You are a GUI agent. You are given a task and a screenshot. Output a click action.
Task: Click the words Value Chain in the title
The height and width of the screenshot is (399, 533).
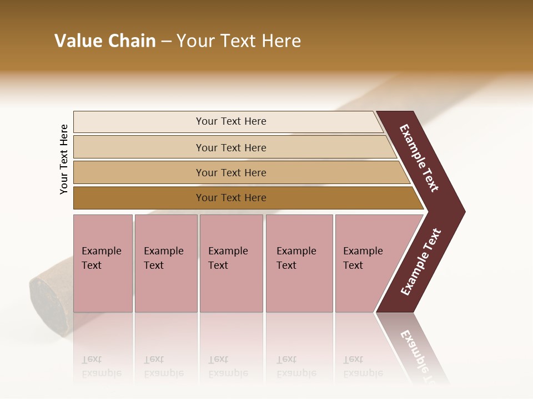[x=105, y=41]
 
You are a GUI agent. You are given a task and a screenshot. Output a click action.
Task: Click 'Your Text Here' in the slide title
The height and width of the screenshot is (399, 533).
[x=239, y=41]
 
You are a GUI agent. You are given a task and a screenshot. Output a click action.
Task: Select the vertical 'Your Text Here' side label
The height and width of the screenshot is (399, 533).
[x=64, y=159]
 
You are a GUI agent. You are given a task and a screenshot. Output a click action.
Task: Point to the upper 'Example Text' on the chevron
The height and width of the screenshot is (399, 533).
[x=419, y=158]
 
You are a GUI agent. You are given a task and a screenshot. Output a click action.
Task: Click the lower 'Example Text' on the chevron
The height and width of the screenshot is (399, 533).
[x=421, y=262]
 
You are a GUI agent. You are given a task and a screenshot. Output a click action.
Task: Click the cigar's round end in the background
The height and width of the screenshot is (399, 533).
[x=49, y=299]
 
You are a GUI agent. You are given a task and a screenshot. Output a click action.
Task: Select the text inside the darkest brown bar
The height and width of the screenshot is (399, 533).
[x=231, y=198]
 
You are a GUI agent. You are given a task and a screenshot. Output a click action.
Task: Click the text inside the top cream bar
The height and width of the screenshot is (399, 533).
[x=231, y=121]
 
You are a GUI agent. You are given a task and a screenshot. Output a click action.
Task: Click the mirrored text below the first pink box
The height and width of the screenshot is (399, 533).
[x=101, y=366]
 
